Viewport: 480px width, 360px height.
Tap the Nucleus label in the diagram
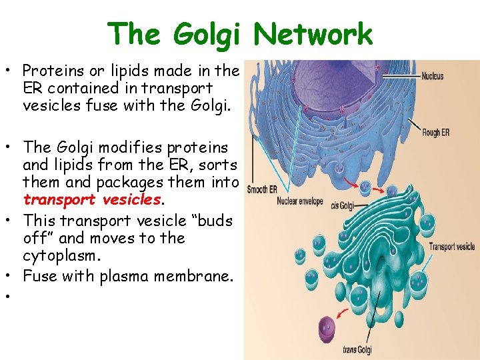433,77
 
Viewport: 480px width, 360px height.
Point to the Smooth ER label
262,190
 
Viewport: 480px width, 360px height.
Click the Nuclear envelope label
300,201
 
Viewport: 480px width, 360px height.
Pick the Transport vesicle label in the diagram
451,247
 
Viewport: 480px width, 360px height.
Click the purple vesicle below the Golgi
311,329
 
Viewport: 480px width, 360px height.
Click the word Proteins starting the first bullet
49,71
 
